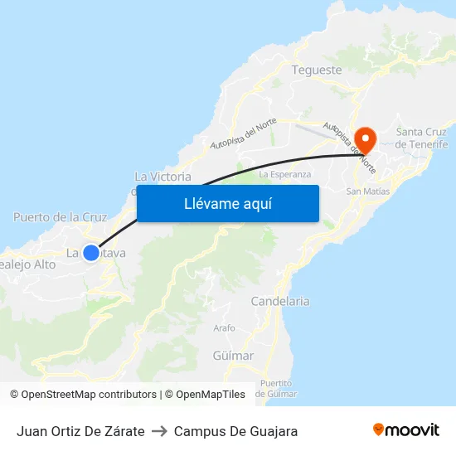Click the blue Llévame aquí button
(227, 203)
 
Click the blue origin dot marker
(91, 253)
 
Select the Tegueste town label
(317, 70)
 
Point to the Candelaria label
(280, 302)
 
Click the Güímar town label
(233, 356)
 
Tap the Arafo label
(224, 328)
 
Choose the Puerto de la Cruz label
(61, 217)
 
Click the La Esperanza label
(285, 175)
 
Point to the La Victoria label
(163, 177)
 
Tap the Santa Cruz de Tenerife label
(421, 138)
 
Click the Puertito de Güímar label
(276, 388)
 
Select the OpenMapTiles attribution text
(211, 395)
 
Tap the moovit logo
(405, 429)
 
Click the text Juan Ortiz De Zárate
(80, 431)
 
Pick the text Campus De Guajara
(235, 431)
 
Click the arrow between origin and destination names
(159, 431)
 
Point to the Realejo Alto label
(27, 264)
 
